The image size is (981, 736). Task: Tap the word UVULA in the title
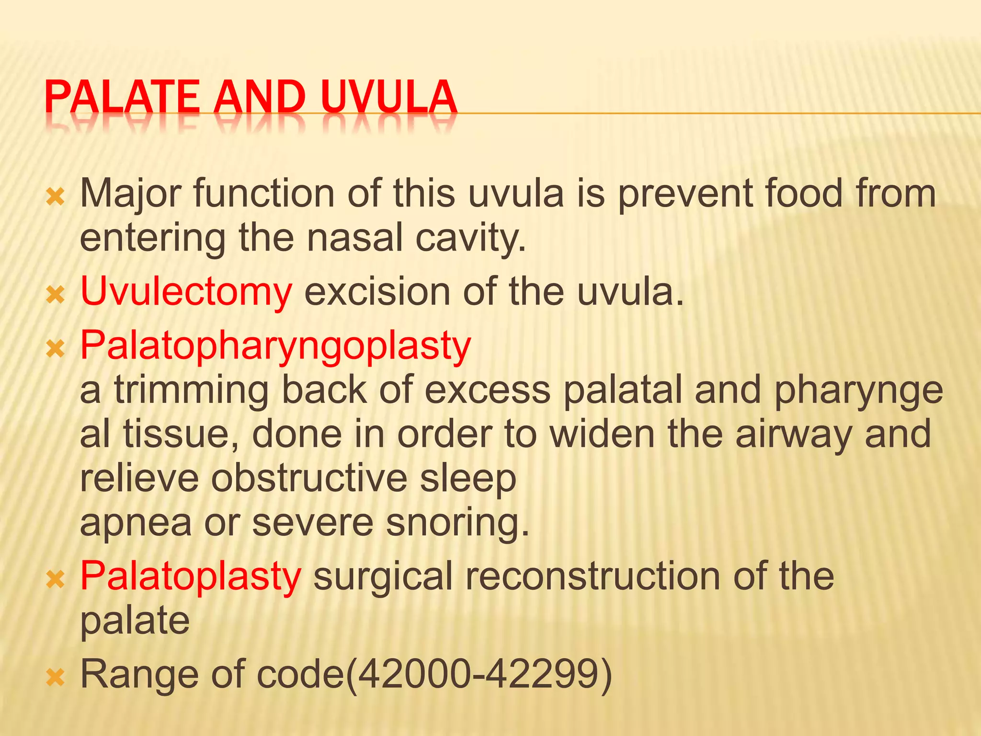[389, 98]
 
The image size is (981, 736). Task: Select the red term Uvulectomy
[186, 292]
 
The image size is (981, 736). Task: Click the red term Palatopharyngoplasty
[275, 346]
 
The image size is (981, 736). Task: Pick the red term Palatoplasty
[191, 576]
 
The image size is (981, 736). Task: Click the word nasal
[354, 238]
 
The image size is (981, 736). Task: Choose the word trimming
[191, 391]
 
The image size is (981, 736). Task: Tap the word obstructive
[309, 478]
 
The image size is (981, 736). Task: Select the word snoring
[457, 523]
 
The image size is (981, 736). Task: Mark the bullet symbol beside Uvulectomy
[56, 295]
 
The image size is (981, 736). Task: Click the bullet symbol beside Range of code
[56, 678]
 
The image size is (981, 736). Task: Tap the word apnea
[136, 523]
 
